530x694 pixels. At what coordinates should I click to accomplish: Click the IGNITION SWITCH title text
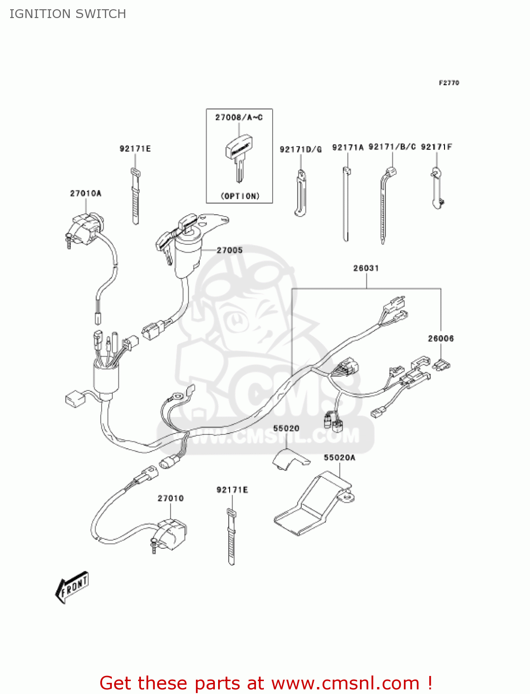point(67,14)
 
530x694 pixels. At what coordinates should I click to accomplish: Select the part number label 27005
point(230,250)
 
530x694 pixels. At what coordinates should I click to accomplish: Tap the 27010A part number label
point(85,193)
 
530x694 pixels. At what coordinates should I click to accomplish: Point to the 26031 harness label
point(366,268)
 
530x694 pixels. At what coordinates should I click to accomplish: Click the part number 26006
point(441,339)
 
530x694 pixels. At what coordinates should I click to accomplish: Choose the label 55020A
point(340,458)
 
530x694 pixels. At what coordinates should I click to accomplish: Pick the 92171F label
point(437,147)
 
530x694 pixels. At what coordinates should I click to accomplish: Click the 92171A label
point(348,148)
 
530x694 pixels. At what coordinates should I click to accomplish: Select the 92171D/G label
point(300,149)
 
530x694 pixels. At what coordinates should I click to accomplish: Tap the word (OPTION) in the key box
point(240,196)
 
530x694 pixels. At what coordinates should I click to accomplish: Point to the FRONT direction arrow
point(72,587)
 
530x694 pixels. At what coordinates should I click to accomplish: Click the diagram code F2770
point(449,83)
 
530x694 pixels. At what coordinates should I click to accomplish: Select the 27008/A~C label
point(239,118)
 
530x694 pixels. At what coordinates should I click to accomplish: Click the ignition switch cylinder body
point(187,254)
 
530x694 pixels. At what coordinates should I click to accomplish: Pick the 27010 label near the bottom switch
point(171,498)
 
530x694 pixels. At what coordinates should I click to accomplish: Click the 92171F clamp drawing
point(437,187)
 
